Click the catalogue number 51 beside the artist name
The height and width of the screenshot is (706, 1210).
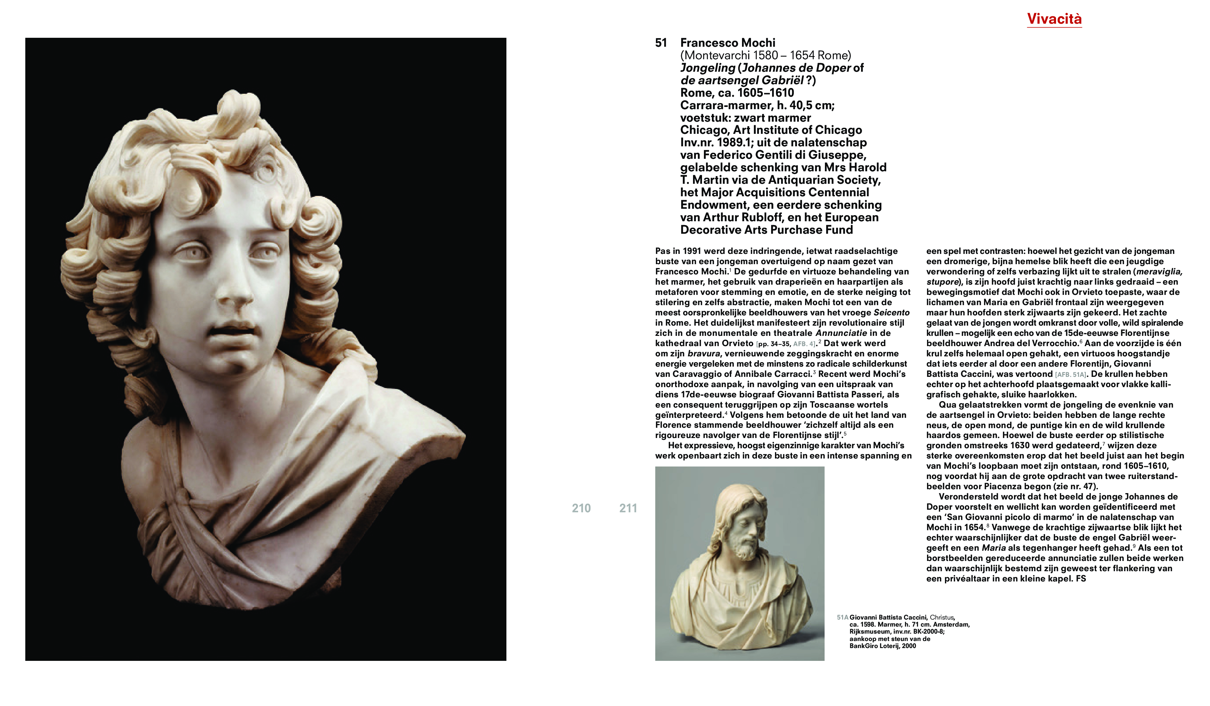click(661, 43)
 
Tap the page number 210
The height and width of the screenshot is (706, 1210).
click(581, 508)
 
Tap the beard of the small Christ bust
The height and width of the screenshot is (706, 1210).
click(742, 548)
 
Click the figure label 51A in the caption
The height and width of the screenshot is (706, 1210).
click(843, 618)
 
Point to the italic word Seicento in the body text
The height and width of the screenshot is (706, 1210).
click(892, 312)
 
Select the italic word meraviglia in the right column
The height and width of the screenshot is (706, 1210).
click(1159, 272)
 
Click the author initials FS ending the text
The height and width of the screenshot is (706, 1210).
click(1081, 579)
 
